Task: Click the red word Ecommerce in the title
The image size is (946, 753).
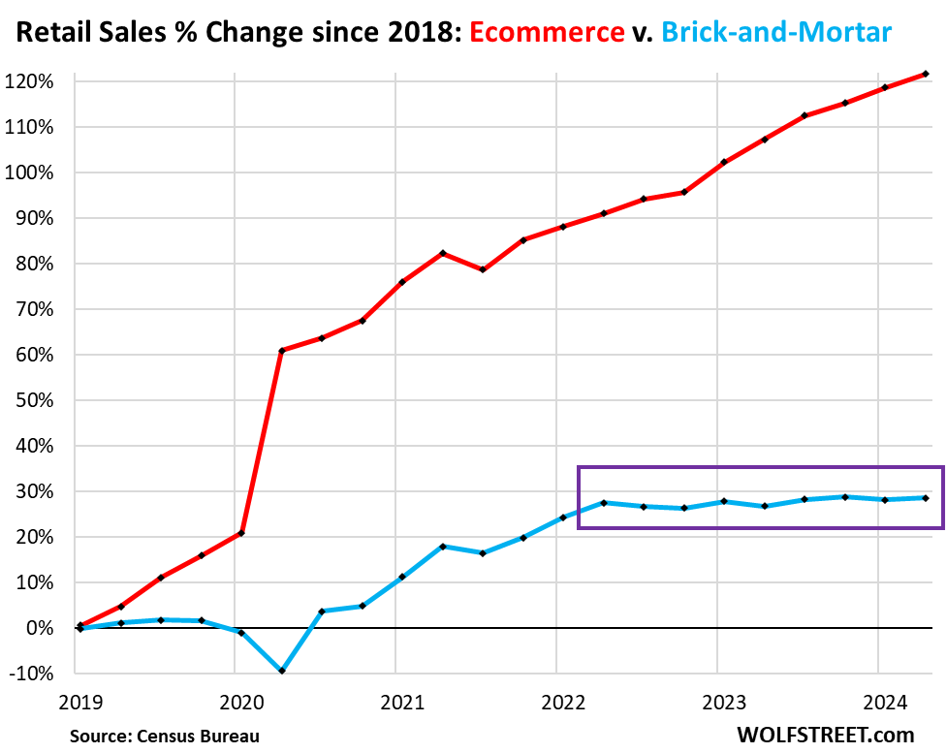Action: [x=547, y=33]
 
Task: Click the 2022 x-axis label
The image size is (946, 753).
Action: [x=556, y=700]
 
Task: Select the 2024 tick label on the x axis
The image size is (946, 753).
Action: [x=878, y=700]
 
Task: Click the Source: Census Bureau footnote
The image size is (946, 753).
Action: [x=164, y=736]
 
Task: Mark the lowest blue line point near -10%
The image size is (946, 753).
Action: [x=281, y=671]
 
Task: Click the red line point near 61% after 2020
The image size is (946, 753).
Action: [x=281, y=351]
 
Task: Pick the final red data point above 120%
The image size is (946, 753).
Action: [x=926, y=74]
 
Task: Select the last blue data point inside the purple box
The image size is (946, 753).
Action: [x=926, y=498]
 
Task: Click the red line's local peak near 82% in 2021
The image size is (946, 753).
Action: [x=443, y=253]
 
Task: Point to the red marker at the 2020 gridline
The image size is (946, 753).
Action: [x=240, y=533]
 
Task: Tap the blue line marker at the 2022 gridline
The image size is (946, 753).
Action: [x=563, y=518]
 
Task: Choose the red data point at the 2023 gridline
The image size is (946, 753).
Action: [x=724, y=162]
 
